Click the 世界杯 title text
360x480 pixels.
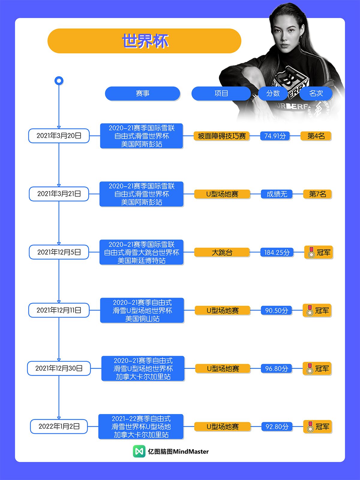click(145, 41)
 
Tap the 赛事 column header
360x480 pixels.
click(142, 94)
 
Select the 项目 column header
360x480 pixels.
click(221, 94)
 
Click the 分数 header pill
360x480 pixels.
click(273, 94)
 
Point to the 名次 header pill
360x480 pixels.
click(316, 94)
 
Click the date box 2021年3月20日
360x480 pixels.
click(59, 136)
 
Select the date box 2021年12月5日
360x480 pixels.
click(59, 252)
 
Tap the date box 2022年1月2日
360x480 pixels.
click(59, 427)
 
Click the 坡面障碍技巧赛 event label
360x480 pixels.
click(222, 136)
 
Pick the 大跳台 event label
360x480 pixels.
click(222, 253)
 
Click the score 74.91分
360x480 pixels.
click(275, 136)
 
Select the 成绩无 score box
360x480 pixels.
click(277, 194)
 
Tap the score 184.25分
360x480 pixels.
click(277, 253)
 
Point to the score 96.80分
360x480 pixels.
click(277, 369)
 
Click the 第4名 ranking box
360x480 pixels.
click(316, 136)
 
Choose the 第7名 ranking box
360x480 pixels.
click(317, 194)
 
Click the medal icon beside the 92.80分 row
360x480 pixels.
click(310, 427)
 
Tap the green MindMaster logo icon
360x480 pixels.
click(139, 451)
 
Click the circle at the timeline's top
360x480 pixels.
click(59, 81)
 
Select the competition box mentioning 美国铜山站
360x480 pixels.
click(142, 310)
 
